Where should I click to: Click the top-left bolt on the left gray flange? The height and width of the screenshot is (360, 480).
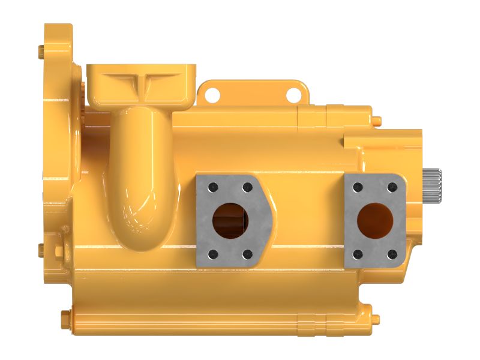coord(211,188)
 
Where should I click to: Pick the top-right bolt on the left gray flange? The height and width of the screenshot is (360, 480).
coord(247,188)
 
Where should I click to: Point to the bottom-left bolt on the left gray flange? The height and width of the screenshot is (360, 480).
coord(211,254)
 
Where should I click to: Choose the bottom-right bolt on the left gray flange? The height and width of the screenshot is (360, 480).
coord(247,254)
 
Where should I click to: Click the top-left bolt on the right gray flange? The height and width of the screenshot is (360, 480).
coord(358,187)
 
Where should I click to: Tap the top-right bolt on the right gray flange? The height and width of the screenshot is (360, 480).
coord(393,187)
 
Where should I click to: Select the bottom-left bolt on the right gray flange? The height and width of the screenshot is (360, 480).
coord(358,254)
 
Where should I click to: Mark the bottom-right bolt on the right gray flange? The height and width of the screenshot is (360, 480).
coord(393,254)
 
